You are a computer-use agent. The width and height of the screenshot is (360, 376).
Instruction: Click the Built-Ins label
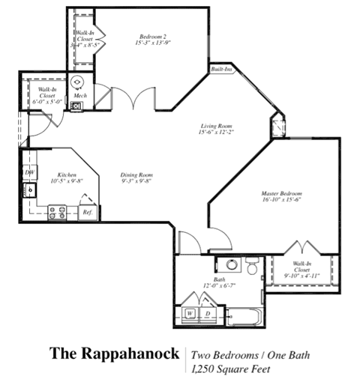[221, 70]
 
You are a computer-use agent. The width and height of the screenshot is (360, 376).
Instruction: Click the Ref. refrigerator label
[87, 213]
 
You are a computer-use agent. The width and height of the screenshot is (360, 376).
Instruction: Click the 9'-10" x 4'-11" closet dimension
[303, 276]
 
